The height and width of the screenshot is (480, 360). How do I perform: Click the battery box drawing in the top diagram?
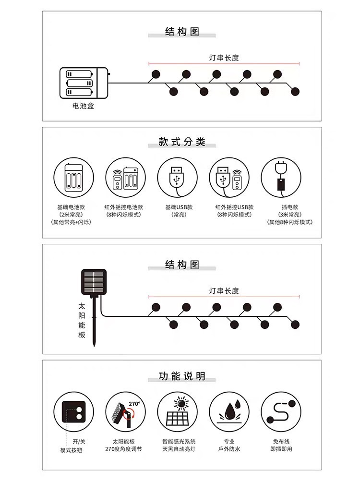click(84, 83)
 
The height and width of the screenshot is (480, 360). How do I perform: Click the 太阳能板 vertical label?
click(82, 320)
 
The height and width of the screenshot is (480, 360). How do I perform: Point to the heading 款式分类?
click(182, 142)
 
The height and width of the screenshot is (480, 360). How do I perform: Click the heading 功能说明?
click(182, 376)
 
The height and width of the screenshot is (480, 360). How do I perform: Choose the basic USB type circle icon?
click(177, 177)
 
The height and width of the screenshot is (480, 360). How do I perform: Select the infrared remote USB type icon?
click(229, 177)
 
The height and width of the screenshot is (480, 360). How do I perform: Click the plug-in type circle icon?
click(280, 177)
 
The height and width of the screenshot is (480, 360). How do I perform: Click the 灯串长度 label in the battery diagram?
click(224, 58)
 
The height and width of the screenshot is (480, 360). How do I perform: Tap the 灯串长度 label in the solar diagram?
click(224, 291)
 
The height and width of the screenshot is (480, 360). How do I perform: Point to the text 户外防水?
click(229, 449)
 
